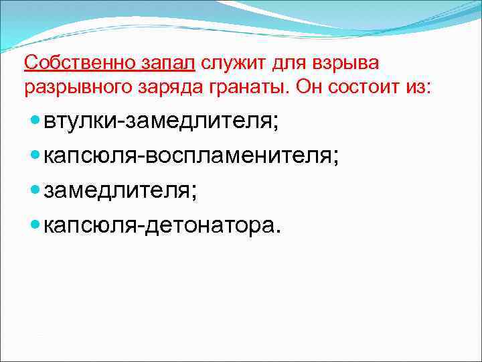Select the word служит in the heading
pyautogui.click(x=232, y=63)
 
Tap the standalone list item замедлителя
pyautogui.click(x=120, y=191)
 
